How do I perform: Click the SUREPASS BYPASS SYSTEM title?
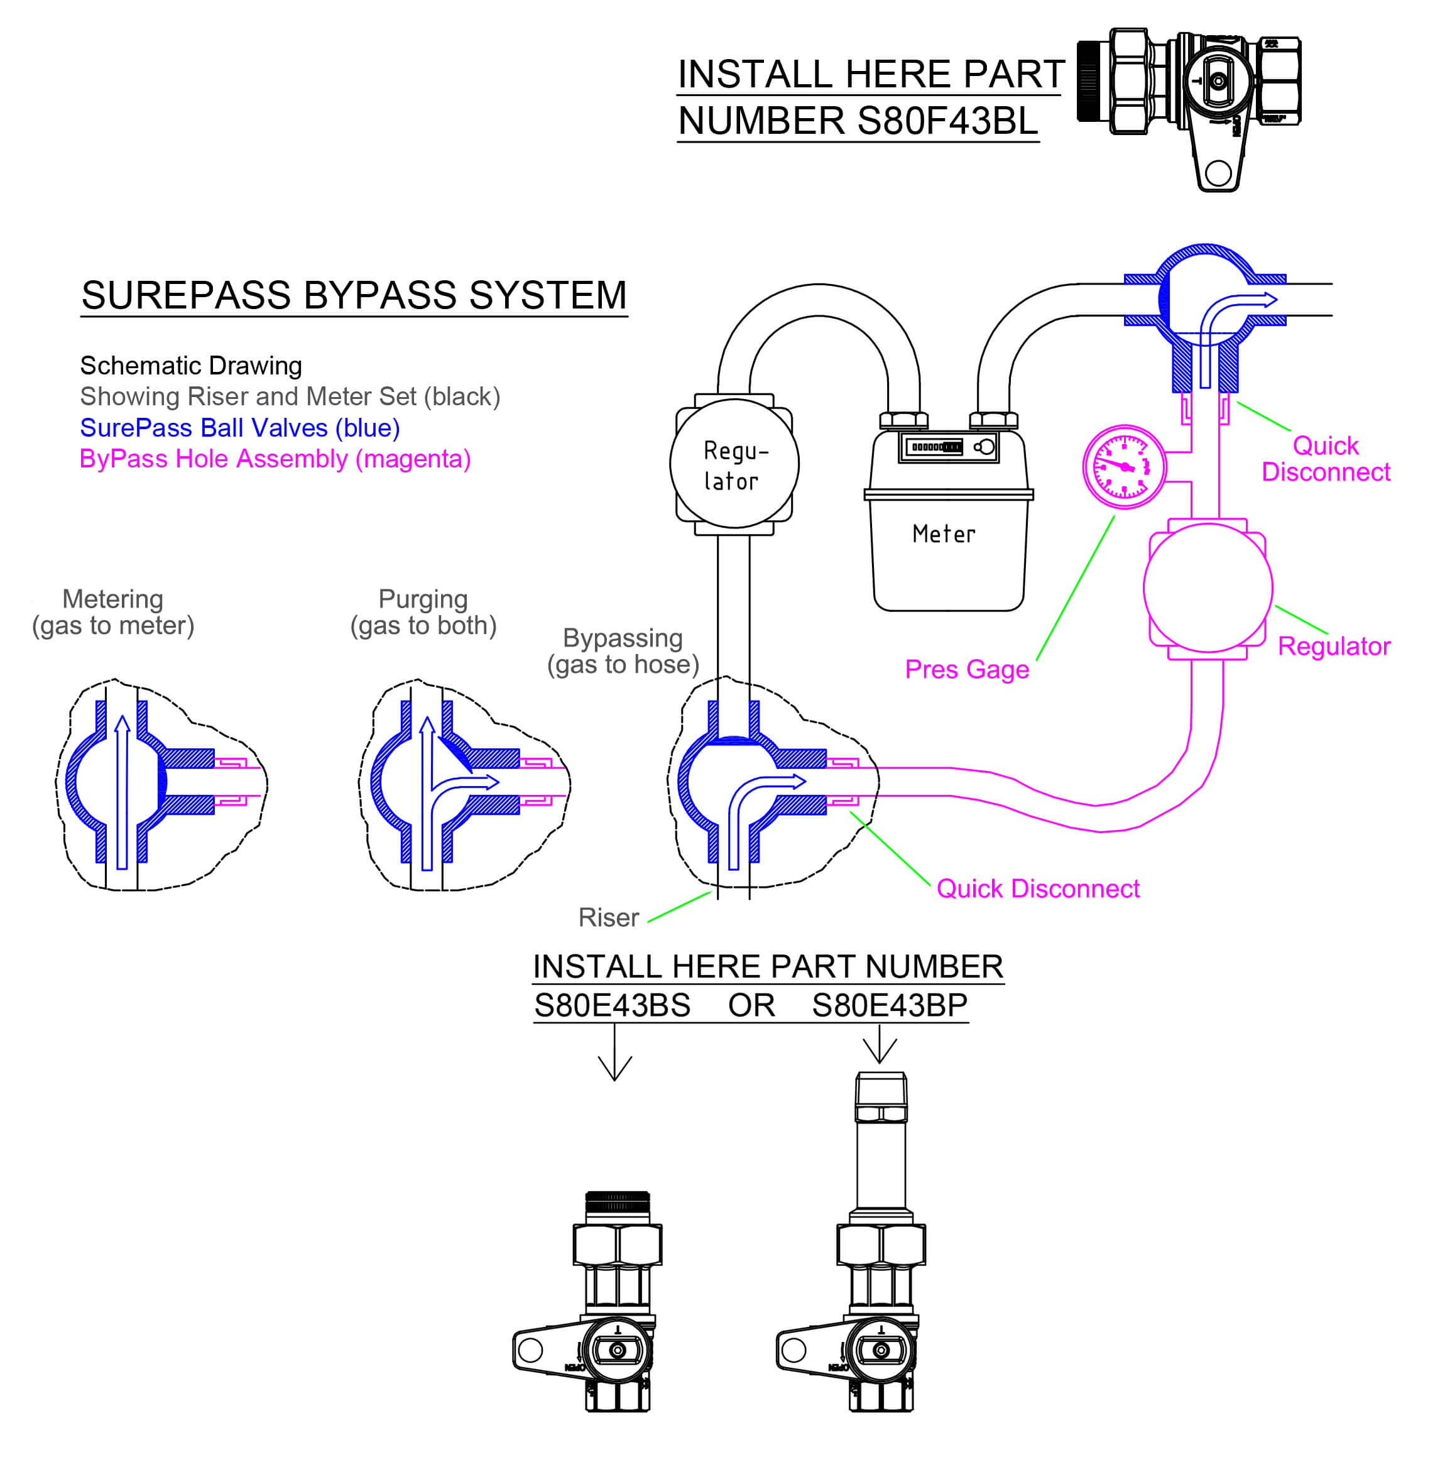click(354, 295)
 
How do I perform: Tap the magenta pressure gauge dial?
click(1124, 467)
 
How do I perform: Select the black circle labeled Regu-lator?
click(734, 464)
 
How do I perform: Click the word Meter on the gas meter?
click(944, 534)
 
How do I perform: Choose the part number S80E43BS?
click(612, 1005)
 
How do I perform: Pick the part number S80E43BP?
click(889, 1005)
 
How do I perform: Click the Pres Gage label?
click(966, 669)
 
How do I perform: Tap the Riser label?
click(608, 917)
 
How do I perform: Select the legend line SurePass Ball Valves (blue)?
click(240, 428)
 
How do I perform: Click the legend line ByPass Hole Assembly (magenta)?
click(275, 459)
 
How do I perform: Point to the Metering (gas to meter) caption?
click(113, 611)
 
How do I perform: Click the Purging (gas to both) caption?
click(423, 611)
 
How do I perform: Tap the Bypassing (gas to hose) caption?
click(623, 651)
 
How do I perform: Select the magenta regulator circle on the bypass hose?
click(1208, 587)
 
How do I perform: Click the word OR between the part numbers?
click(751, 1005)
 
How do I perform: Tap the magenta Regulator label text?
click(1333, 647)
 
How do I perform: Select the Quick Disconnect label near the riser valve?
click(1037, 888)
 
